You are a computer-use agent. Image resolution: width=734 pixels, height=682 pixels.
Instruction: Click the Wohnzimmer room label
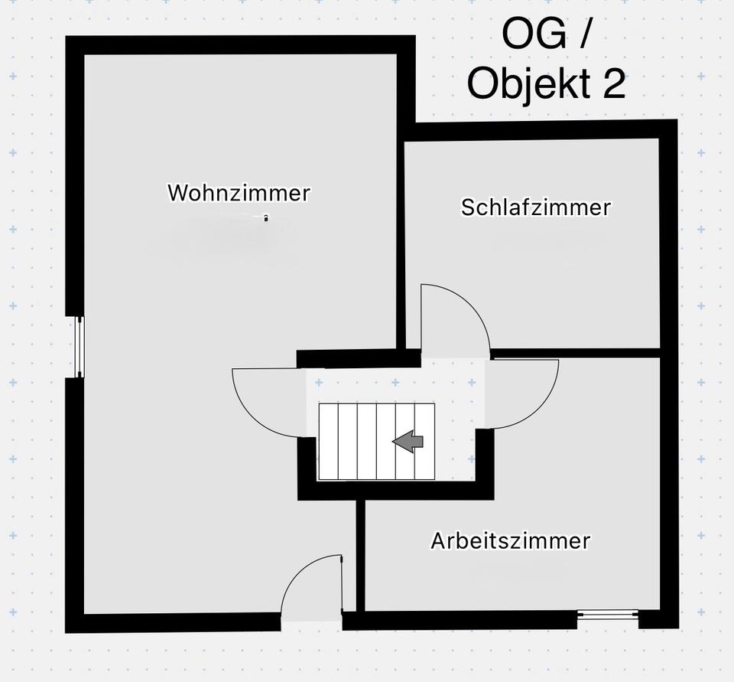(x=239, y=192)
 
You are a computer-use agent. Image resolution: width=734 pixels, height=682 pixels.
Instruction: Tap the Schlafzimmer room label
(x=536, y=207)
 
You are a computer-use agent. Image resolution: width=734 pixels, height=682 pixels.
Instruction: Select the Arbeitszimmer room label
(x=510, y=540)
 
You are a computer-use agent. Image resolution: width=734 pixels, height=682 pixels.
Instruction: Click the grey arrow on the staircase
(x=408, y=441)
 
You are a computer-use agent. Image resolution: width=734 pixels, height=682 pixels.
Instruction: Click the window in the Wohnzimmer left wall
(x=78, y=347)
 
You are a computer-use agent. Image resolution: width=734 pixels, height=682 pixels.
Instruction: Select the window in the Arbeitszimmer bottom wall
(x=607, y=614)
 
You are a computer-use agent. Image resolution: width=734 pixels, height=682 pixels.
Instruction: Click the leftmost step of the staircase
(x=328, y=442)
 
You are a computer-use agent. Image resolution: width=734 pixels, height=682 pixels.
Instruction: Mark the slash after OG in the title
(x=585, y=34)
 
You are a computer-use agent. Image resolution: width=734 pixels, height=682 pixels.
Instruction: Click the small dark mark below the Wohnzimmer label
(x=265, y=219)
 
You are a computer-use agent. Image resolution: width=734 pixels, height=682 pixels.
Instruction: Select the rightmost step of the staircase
(x=425, y=442)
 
